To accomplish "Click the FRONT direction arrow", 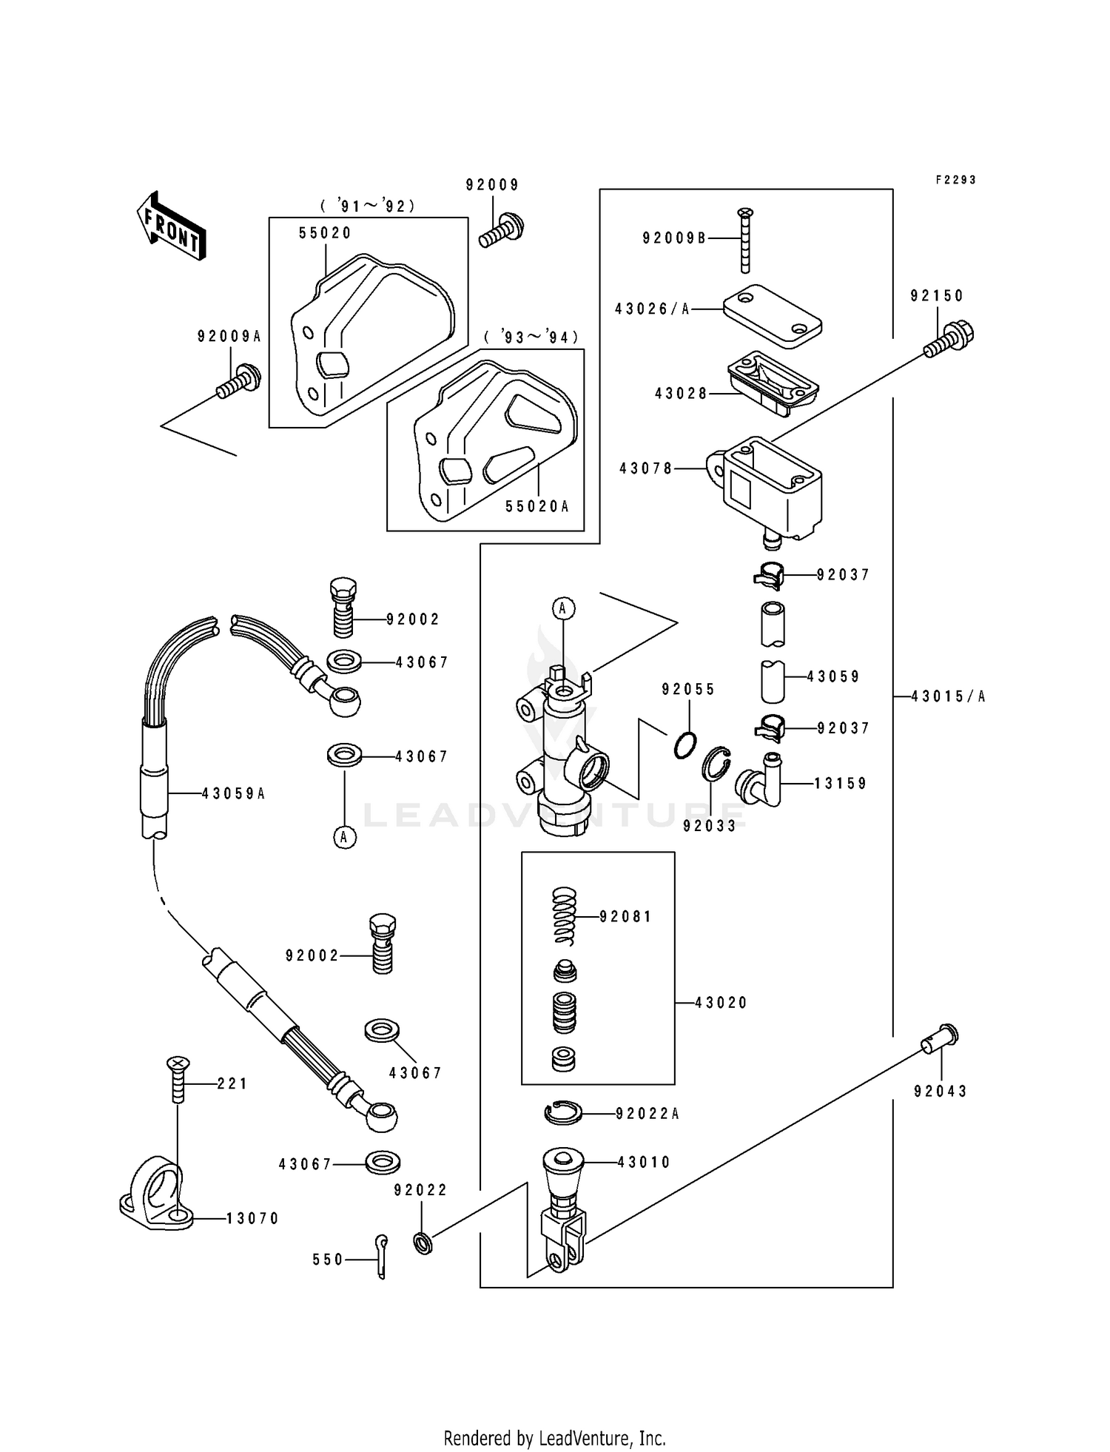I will pos(171,225).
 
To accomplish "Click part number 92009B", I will pos(674,238).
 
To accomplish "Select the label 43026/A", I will pos(652,309).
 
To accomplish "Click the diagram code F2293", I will pos(955,180).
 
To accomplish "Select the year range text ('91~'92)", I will pos(368,206).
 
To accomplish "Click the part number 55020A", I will pos(537,507).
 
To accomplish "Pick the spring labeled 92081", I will pos(565,915).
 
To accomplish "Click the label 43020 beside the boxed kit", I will pos(721,1003).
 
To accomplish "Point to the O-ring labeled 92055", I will pos(686,744).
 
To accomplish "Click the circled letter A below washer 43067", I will pos(344,837).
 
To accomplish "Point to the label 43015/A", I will pos(948,696).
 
